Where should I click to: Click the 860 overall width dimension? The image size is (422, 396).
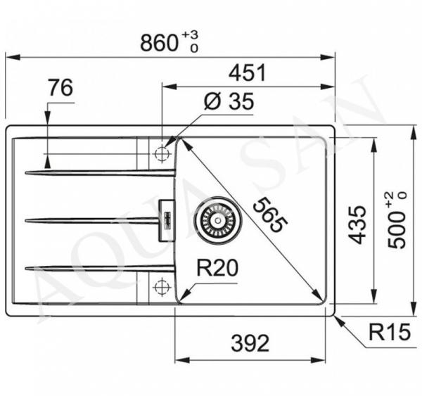[160, 43]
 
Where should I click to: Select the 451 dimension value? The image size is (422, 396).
[248, 72]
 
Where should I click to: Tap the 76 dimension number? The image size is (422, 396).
[60, 87]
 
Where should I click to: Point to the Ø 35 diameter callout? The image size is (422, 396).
[229, 101]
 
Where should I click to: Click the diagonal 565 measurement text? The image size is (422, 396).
[270, 215]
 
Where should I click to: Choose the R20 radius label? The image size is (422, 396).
[217, 267]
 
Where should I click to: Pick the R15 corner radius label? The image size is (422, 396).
[390, 332]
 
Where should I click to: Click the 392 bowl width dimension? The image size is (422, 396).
[250, 343]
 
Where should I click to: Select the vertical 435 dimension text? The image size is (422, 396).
[357, 225]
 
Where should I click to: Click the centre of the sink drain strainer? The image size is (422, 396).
[218, 220]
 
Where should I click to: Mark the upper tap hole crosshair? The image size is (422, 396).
[162, 154]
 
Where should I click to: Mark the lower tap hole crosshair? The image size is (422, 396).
[162, 287]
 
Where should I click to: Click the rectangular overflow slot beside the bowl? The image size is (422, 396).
[167, 220]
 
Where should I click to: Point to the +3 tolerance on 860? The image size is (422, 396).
[190, 34]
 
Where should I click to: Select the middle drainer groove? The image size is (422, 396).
[92, 220]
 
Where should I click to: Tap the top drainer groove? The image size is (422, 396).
[100, 172]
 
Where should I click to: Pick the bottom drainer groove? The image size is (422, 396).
[100, 267]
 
